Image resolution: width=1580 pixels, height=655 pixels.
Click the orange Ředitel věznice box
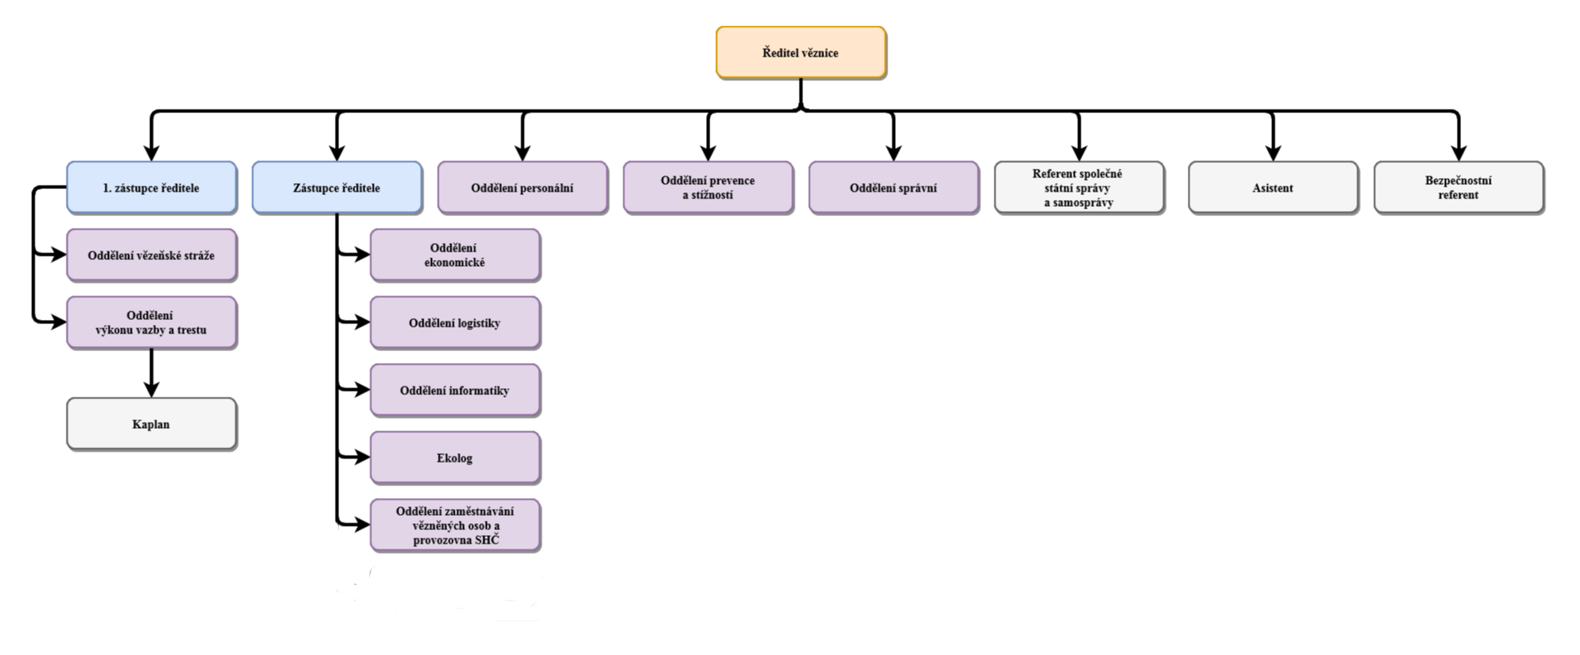(x=801, y=52)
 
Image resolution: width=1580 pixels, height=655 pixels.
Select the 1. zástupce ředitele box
(x=151, y=187)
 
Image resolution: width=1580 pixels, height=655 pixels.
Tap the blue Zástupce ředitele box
(x=337, y=187)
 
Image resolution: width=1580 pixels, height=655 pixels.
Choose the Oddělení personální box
(x=522, y=187)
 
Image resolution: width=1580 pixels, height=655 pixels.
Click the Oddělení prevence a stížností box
(x=708, y=187)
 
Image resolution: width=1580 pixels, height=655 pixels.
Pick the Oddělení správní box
(x=893, y=187)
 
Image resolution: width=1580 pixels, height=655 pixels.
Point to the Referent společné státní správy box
(x=1079, y=187)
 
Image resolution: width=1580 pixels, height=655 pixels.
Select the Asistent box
(x=1273, y=187)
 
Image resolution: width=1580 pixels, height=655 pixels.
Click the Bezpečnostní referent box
(x=1459, y=187)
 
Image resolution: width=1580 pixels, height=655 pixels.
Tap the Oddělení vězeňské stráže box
(x=151, y=254)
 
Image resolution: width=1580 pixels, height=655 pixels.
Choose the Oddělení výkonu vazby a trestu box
(x=151, y=322)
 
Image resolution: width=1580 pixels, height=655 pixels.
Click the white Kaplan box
(x=151, y=424)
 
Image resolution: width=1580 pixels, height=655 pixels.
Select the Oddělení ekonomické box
(x=455, y=255)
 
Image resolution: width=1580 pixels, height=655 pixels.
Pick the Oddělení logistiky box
(x=455, y=322)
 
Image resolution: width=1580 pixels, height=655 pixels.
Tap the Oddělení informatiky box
(x=455, y=390)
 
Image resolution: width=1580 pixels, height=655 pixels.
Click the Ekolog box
(x=455, y=457)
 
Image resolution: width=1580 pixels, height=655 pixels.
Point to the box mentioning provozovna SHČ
(x=455, y=525)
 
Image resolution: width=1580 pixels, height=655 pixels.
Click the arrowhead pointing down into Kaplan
(x=151, y=389)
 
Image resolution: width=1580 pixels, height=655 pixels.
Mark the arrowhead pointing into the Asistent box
(x=1273, y=151)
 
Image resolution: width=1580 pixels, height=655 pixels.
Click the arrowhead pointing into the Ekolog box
(x=360, y=457)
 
